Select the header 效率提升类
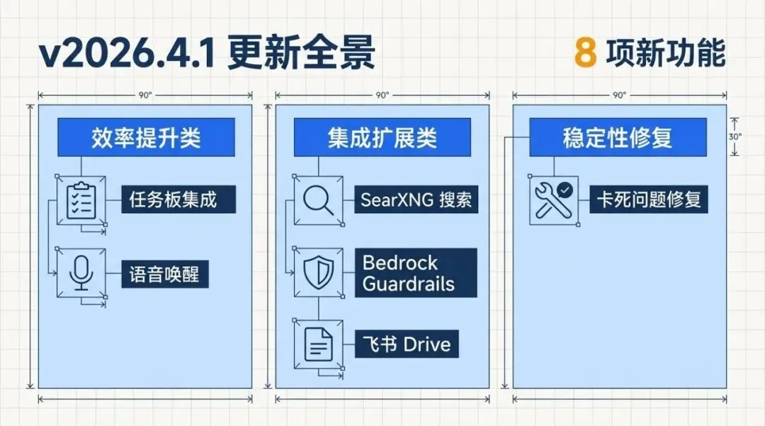click(145, 137)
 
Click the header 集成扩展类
click(382, 137)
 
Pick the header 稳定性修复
click(618, 137)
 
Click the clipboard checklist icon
click(81, 201)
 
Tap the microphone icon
click(81, 272)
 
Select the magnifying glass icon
click(318, 201)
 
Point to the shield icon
click(318, 272)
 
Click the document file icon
click(318, 344)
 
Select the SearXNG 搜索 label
click(416, 200)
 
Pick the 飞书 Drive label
click(407, 345)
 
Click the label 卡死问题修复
click(648, 200)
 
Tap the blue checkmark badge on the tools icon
click(565, 190)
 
